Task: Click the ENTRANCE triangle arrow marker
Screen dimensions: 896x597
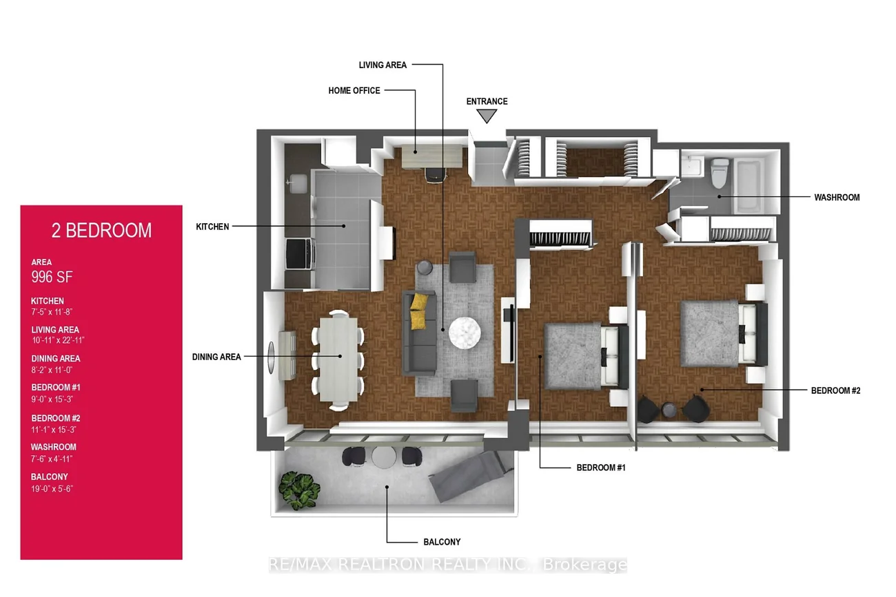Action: click(x=487, y=116)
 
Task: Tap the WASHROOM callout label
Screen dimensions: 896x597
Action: click(x=837, y=198)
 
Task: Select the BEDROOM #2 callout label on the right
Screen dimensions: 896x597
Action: click(x=835, y=390)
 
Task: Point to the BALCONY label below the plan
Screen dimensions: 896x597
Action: click(x=442, y=542)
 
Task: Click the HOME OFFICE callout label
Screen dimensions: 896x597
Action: click(x=354, y=91)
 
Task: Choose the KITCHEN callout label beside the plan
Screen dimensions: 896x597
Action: click(x=212, y=227)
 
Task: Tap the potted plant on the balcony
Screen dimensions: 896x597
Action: click(x=299, y=490)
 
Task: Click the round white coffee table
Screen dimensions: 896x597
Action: click(x=465, y=333)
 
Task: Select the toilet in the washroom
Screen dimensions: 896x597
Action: click(x=720, y=173)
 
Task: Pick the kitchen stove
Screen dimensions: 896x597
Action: click(x=300, y=254)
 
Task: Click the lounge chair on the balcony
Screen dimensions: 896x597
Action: click(x=471, y=476)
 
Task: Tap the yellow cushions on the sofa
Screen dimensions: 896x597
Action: click(x=419, y=311)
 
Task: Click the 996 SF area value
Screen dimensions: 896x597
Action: click(x=52, y=277)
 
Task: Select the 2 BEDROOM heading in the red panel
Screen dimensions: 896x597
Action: click(x=101, y=231)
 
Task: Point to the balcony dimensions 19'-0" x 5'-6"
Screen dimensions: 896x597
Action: click(x=52, y=489)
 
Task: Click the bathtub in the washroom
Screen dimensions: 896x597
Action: click(x=749, y=185)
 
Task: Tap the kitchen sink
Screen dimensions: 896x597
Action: click(x=297, y=183)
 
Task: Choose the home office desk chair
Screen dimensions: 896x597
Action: click(x=435, y=175)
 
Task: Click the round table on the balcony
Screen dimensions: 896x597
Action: click(x=384, y=457)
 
